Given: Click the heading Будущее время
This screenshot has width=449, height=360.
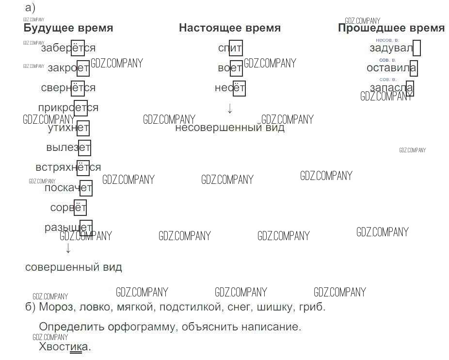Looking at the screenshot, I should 68,28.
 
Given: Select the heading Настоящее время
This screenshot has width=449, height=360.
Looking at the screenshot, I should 229,28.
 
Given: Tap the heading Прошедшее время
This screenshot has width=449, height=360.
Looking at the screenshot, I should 391,28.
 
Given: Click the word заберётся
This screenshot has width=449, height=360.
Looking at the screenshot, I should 68,48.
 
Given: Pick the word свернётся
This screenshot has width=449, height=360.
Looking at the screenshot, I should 68,88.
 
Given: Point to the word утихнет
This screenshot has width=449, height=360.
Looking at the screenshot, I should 68,128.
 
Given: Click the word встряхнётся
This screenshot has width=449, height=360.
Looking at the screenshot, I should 68,167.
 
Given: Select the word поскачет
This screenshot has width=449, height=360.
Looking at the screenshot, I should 68,188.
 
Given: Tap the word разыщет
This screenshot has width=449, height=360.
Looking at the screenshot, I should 68,227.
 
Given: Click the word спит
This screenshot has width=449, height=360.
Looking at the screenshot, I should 230,48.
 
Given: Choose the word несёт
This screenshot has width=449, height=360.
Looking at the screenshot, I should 230,88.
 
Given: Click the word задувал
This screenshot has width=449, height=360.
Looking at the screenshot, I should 391,48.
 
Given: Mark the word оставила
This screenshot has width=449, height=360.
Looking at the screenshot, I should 391,68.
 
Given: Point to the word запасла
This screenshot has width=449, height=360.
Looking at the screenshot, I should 391,88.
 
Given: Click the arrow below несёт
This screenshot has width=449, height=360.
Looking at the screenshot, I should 230,109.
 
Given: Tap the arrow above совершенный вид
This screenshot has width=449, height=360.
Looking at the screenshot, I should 68,248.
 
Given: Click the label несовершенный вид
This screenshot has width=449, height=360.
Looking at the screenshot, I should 230,128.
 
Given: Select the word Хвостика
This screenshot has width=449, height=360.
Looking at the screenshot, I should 65,347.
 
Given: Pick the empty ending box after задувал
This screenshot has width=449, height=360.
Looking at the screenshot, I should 417,49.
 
